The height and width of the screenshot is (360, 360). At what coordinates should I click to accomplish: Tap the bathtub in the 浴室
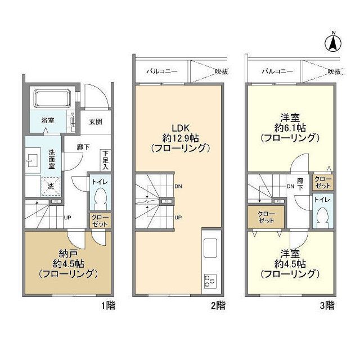[52, 98]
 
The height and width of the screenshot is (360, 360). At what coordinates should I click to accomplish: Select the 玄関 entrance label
[96, 121]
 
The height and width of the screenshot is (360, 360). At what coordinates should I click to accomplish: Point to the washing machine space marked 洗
[51, 186]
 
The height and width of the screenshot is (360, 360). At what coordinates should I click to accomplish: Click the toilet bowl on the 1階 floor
[100, 198]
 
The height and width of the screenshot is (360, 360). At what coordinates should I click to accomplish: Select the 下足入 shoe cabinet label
[105, 160]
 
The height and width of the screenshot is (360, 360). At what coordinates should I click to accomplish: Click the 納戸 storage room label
[68, 254]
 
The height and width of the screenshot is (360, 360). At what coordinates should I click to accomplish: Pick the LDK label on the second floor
[181, 128]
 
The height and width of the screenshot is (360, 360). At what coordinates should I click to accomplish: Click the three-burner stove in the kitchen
[210, 281]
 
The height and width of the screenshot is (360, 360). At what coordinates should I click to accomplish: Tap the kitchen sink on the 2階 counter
[210, 248]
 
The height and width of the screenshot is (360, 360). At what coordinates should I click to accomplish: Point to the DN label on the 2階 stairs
[178, 186]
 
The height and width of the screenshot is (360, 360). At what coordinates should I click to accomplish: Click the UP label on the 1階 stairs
[67, 217]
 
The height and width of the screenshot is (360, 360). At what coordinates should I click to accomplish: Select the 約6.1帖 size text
[290, 128]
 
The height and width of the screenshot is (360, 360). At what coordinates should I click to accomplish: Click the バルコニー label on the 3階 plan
[277, 71]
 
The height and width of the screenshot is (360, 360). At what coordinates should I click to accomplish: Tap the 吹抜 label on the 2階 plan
[221, 71]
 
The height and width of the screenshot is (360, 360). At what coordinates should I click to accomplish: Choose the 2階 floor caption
[218, 305]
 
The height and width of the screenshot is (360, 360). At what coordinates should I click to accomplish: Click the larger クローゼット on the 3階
[266, 217]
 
